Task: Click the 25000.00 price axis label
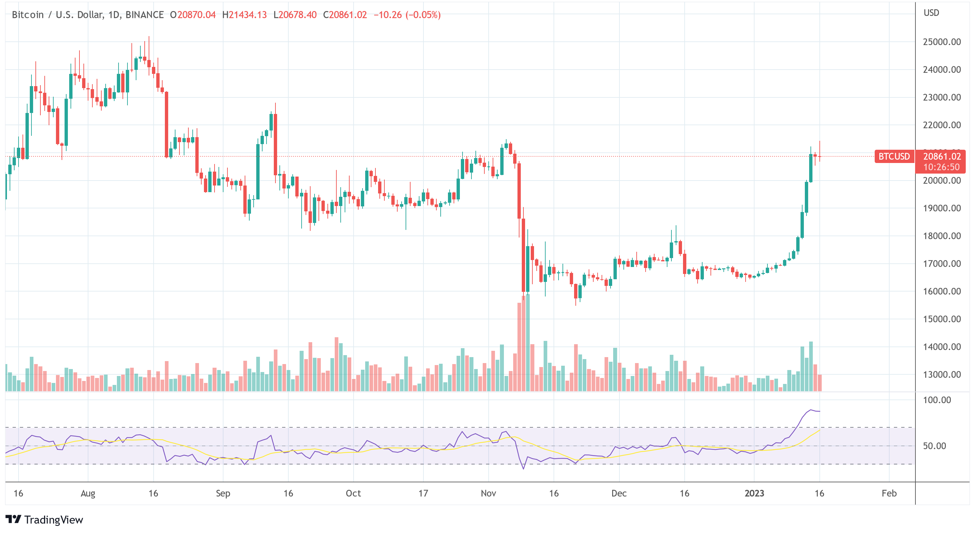point(942,42)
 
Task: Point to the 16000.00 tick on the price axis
point(942,291)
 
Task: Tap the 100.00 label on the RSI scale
point(937,400)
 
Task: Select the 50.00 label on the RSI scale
point(934,446)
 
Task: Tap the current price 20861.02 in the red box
point(942,156)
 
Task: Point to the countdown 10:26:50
point(941,167)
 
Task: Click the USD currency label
point(931,13)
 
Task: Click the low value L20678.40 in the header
point(295,15)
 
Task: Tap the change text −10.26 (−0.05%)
point(407,15)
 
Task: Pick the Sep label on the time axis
point(223,493)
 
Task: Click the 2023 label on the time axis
point(754,493)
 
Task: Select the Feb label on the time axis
point(889,493)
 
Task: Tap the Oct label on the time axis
point(353,493)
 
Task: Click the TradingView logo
point(44,519)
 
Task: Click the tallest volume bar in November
point(528,342)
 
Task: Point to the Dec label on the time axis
point(619,493)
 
